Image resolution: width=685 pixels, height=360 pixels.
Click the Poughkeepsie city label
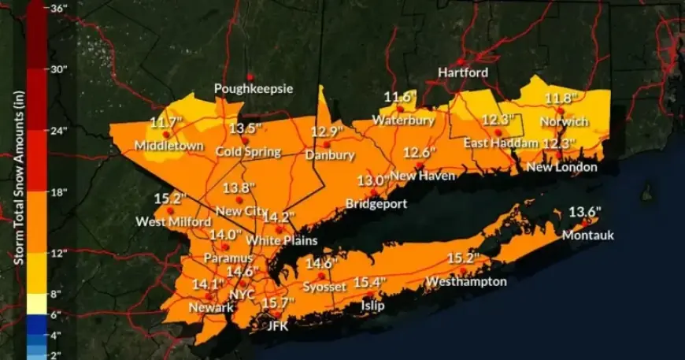click(254, 89)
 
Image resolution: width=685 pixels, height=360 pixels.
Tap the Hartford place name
click(463, 72)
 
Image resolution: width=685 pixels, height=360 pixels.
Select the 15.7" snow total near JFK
click(278, 302)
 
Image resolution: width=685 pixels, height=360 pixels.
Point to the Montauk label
click(587, 235)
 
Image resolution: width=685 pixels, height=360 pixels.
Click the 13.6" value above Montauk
click(584, 212)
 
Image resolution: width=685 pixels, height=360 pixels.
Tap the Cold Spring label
click(249, 151)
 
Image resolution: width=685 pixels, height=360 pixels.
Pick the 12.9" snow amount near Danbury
click(328, 132)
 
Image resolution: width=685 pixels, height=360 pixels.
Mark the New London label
click(561, 167)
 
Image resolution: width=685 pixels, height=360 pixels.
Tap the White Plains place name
click(281, 239)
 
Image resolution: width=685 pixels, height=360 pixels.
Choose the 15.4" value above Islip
click(369, 282)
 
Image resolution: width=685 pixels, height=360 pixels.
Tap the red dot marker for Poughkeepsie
click(247, 76)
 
